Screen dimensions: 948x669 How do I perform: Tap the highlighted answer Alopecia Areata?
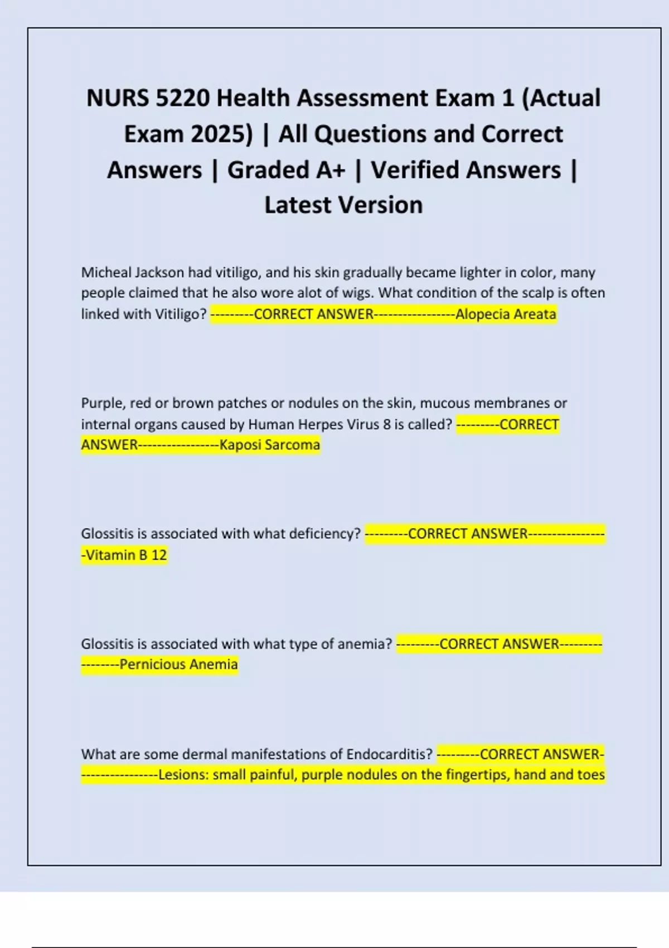[x=506, y=315]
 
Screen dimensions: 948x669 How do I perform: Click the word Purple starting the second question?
[x=100, y=403]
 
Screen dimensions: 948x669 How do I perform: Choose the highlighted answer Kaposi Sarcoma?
[x=270, y=445]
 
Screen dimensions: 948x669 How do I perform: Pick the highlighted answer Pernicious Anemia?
[x=178, y=665]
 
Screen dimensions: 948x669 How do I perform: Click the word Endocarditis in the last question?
[x=389, y=754]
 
